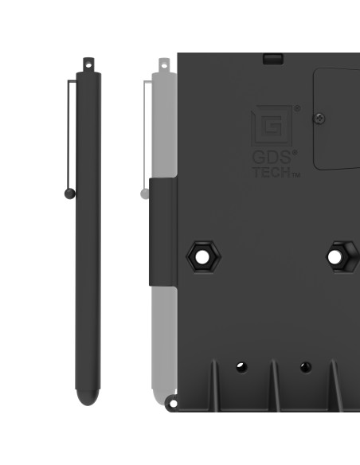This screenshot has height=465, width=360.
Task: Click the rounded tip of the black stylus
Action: [88, 396]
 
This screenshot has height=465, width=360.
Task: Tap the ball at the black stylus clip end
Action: [70, 193]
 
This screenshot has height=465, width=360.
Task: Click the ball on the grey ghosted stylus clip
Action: [144, 193]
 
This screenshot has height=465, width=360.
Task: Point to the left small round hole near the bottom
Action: [241, 367]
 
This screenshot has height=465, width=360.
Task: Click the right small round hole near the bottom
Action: [305, 367]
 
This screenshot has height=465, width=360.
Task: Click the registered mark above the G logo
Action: [297, 108]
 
